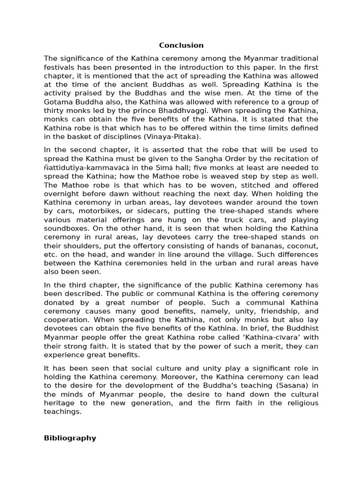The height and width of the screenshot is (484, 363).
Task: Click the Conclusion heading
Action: tap(181, 45)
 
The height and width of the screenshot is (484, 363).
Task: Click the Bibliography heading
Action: tap(70, 438)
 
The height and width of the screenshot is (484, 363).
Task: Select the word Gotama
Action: tap(60, 102)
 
